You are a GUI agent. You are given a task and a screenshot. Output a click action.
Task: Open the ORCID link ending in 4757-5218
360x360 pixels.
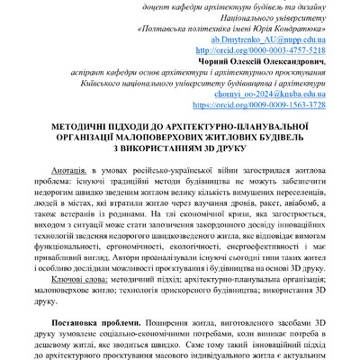(x=277, y=52)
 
